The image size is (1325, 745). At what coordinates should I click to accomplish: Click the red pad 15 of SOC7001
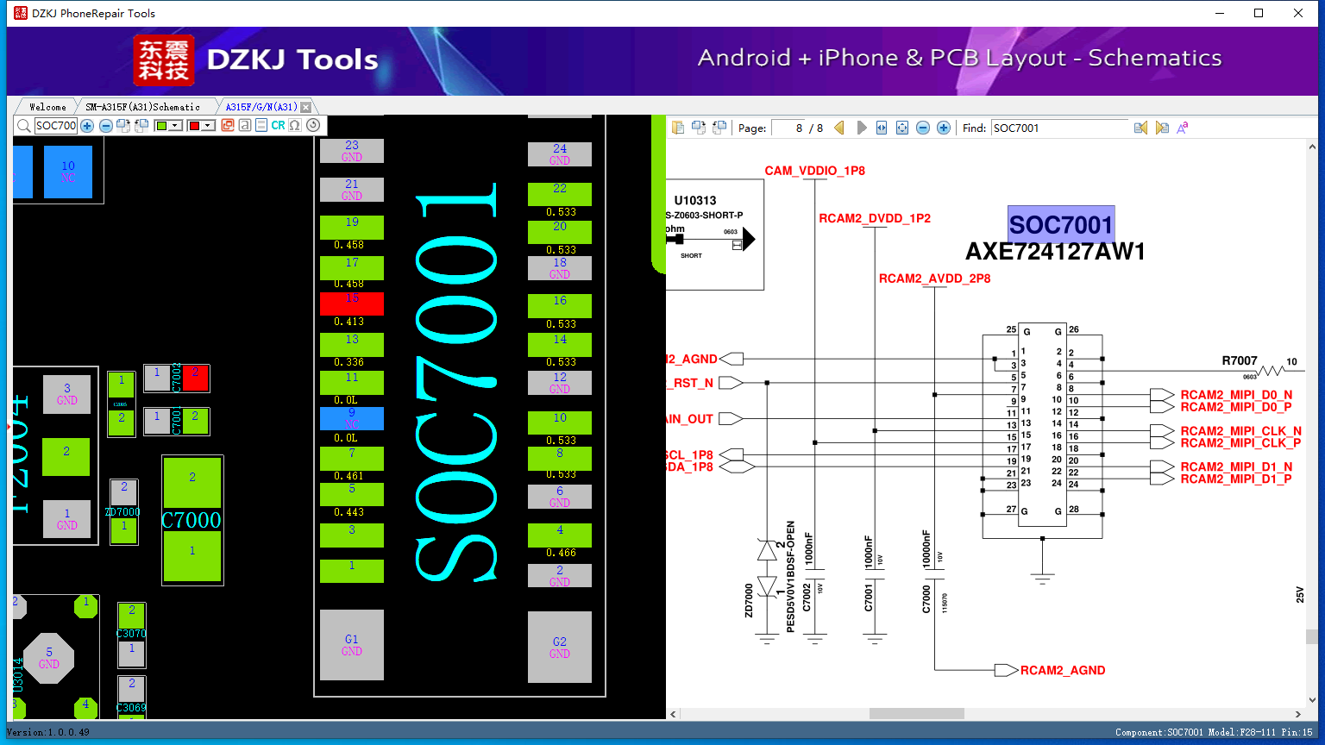[352, 304]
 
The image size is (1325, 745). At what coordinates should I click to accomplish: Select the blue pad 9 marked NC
[352, 418]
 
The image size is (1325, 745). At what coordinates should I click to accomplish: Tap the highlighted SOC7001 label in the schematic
[1061, 225]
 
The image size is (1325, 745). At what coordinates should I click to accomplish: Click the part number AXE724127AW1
[1055, 252]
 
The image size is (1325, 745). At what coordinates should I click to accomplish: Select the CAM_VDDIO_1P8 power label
[814, 171]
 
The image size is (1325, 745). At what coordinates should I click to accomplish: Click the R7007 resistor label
[1240, 360]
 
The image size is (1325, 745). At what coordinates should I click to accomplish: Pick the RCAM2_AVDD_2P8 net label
[934, 279]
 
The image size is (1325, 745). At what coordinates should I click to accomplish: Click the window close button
[1298, 13]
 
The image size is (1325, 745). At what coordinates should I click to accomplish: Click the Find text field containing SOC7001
[1059, 128]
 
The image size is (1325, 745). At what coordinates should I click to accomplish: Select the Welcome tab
[47, 107]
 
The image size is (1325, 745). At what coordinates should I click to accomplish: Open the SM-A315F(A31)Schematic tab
[142, 107]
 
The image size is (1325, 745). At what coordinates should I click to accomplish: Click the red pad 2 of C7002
[196, 378]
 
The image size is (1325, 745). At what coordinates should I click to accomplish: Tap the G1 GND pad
[352, 645]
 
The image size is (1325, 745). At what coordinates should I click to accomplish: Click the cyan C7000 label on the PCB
[192, 520]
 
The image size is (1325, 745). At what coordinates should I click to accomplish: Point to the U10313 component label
[695, 200]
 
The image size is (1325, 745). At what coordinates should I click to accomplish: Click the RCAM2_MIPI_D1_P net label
[1236, 479]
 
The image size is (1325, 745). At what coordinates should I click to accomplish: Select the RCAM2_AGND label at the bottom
[1062, 670]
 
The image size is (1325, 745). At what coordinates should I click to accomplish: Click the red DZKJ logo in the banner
[164, 60]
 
